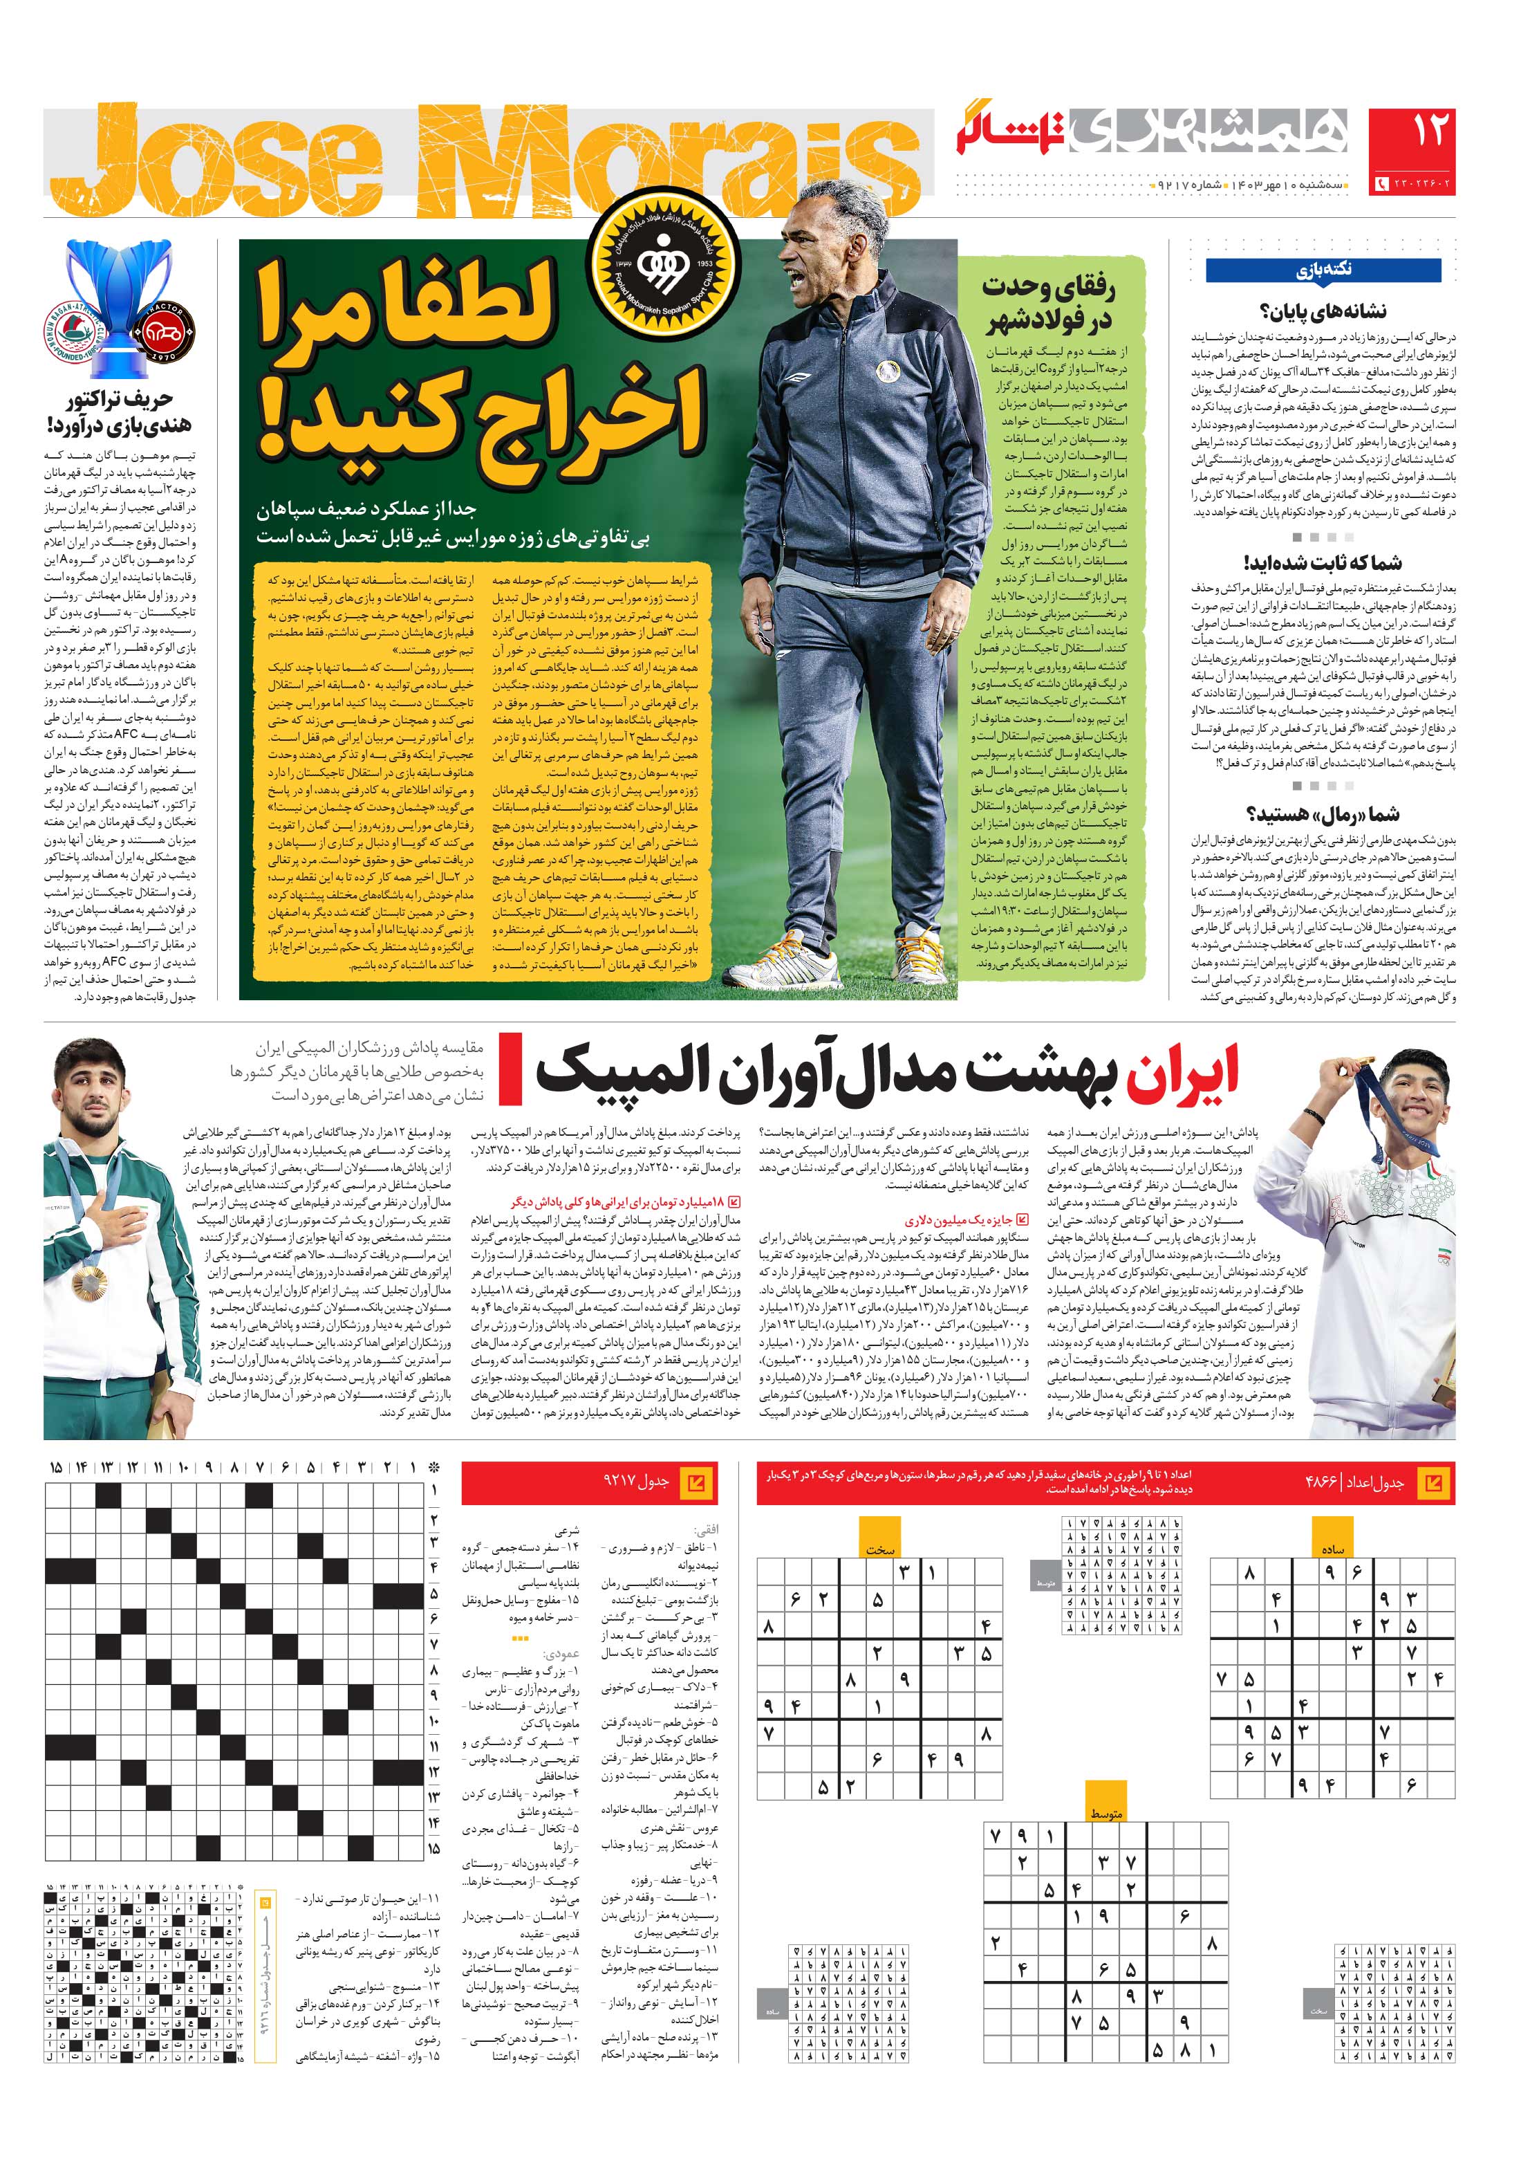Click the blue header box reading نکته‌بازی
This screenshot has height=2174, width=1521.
click(x=1323, y=271)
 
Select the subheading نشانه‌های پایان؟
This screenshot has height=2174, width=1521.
click(x=1323, y=311)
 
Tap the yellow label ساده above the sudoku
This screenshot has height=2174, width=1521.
click(x=1333, y=1548)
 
